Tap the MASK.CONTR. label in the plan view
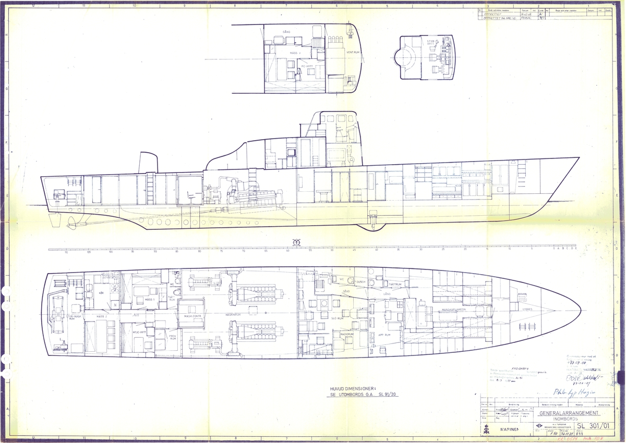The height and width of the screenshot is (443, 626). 192,316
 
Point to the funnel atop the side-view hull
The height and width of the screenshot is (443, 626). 148,162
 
